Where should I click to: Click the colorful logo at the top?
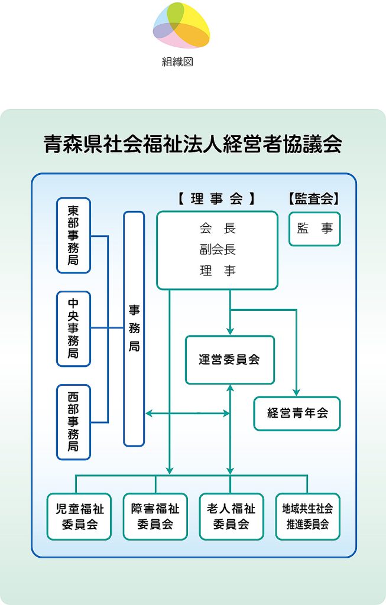181,25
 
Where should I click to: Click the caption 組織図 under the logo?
177,61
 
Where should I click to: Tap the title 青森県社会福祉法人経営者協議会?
193,144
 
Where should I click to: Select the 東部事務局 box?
73,235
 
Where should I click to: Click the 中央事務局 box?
73,328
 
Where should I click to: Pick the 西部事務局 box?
73,422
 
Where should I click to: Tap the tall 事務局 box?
134,328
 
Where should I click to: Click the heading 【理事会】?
217,199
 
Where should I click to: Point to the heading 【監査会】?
314,199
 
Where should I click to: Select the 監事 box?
314,229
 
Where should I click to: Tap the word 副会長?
218,250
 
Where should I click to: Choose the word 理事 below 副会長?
218,271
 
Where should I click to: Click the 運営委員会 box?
230,360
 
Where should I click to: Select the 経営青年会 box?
297,413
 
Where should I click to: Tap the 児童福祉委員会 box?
79,516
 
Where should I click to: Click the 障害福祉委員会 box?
155,516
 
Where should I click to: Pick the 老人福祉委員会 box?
231,516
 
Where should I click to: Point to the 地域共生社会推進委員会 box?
307,516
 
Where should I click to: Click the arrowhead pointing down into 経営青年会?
297,392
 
